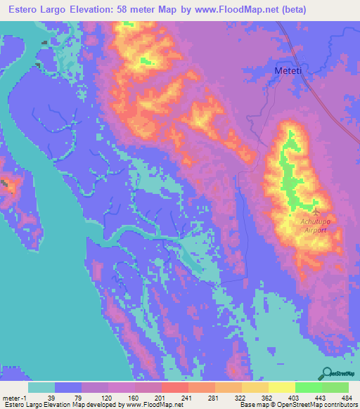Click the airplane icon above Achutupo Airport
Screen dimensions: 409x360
point(316,211)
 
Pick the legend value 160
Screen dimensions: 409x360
point(133,397)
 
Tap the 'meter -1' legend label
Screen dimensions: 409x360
point(14,397)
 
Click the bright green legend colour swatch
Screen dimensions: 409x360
point(308,387)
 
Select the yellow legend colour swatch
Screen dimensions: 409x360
point(282,387)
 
